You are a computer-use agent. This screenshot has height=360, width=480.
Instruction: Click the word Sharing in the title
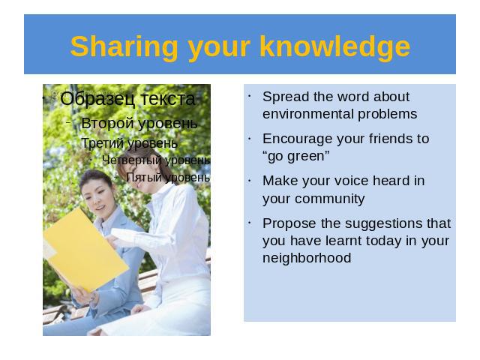(x=124, y=46)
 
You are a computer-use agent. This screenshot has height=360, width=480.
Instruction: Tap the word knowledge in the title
(x=335, y=46)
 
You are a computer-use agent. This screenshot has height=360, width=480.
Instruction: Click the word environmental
(x=308, y=114)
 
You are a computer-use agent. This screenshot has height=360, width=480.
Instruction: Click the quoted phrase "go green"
(x=296, y=156)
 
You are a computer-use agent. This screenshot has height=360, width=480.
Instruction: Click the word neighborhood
(x=307, y=258)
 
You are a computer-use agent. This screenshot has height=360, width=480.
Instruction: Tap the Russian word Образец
(x=97, y=99)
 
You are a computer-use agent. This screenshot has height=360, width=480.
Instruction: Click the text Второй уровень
(x=139, y=124)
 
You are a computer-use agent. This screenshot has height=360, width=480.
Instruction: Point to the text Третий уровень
(x=129, y=143)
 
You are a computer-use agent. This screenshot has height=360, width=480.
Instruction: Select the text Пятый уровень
(x=168, y=178)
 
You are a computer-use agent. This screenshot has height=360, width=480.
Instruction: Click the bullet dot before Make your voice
(x=250, y=181)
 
